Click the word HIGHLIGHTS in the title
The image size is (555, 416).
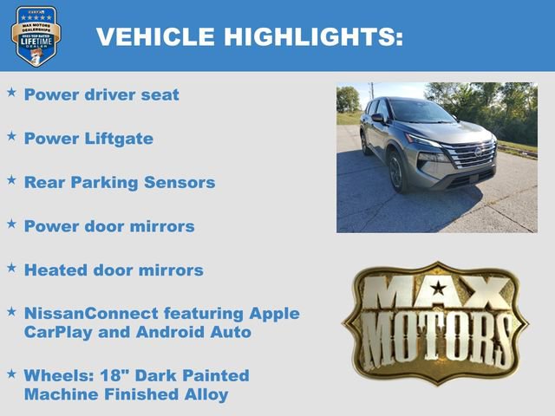[311, 36]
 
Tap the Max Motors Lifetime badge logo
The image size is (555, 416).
[36, 36]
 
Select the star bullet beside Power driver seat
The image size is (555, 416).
[11, 91]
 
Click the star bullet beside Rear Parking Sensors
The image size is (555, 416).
[11, 179]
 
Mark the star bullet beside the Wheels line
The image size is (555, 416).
[11, 374]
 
